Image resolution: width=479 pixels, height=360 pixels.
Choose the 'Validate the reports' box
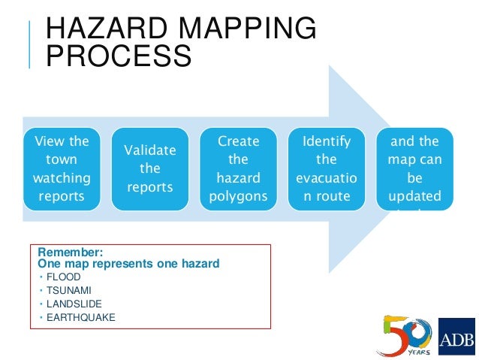pos(149,169)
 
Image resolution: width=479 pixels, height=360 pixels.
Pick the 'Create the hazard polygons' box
pos(237,169)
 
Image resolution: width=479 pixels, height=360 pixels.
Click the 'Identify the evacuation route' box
pos(326,169)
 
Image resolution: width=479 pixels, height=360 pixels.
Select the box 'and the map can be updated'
pos(414,169)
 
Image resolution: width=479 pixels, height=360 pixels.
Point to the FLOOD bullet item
pos(63,277)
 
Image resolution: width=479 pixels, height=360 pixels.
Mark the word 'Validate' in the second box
pos(149,150)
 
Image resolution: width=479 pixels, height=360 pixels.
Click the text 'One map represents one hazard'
pos(128,264)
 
